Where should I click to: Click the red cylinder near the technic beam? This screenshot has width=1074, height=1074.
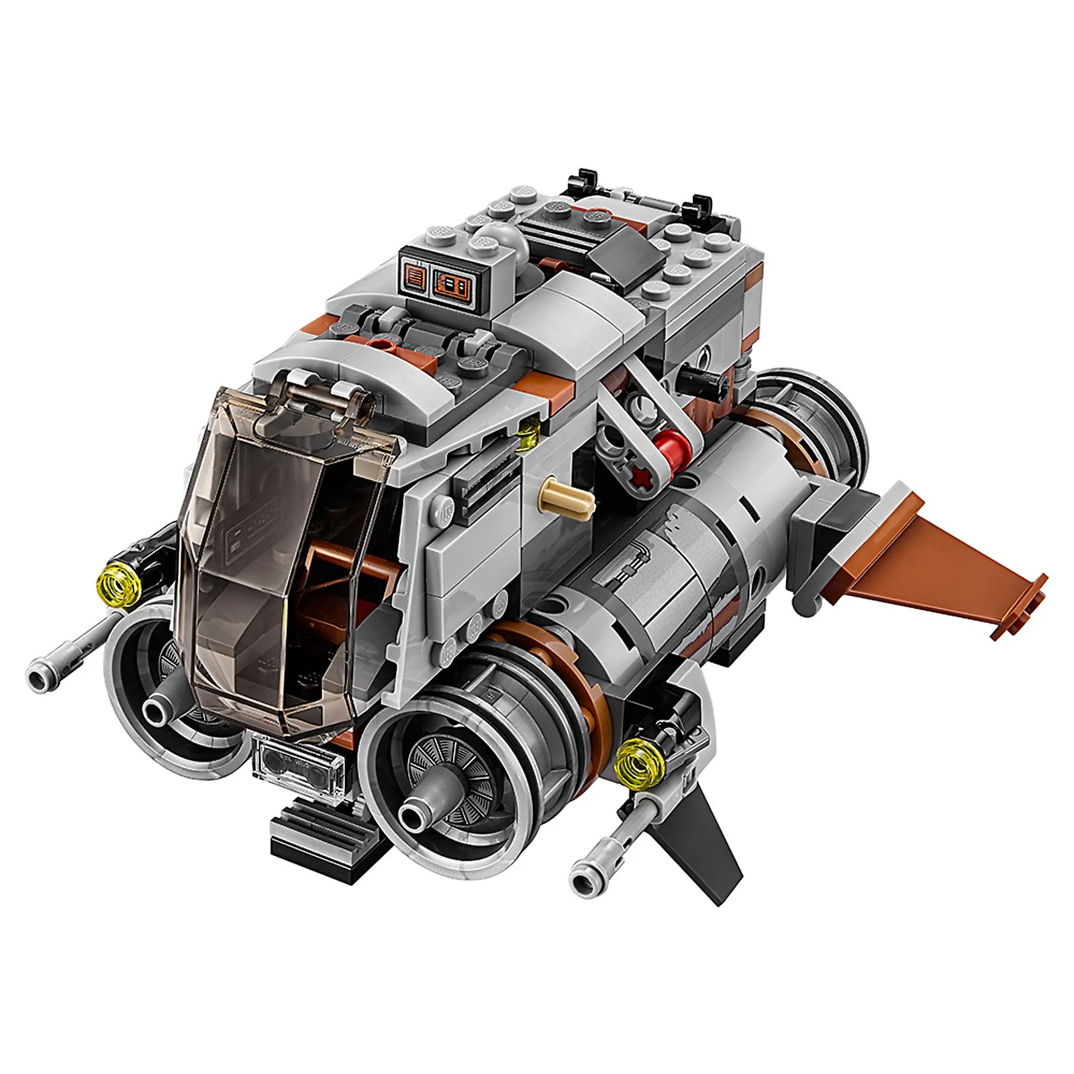(673, 446)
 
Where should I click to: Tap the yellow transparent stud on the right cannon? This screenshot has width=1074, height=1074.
(633, 765)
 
